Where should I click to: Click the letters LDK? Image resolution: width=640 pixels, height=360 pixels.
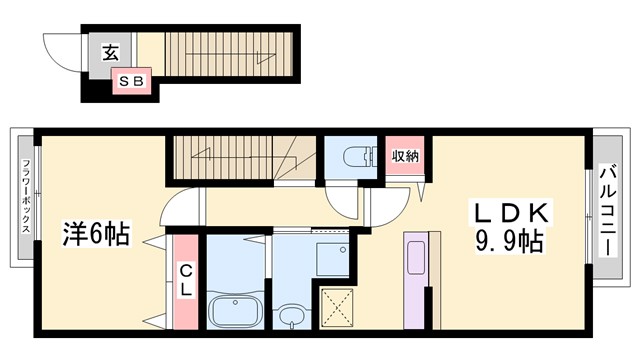click(509, 214)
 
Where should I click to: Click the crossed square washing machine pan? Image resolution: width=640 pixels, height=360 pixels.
click(337, 306)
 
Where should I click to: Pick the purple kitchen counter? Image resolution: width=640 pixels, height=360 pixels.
click(416, 279)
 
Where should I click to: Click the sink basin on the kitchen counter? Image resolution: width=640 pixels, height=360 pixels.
click(416, 254)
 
